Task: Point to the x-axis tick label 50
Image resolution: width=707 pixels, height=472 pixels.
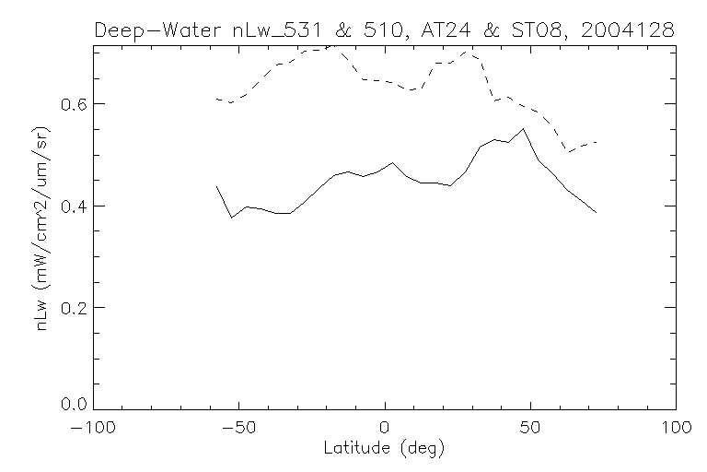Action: tap(530, 428)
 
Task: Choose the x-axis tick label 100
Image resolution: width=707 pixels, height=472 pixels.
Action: tap(676, 428)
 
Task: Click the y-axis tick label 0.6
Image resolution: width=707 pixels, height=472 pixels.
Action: tap(74, 104)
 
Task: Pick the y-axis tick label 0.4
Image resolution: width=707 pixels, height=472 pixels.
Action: tap(74, 206)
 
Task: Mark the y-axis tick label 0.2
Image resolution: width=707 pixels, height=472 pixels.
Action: tap(74, 307)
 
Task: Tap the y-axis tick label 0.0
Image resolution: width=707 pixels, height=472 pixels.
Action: tap(74, 404)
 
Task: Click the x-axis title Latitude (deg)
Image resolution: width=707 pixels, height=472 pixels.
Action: tap(385, 449)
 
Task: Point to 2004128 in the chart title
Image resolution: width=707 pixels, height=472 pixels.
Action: tap(629, 30)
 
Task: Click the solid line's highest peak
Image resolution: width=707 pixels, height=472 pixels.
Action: tap(523, 129)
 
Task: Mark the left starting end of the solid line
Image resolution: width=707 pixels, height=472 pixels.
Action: tap(216, 186)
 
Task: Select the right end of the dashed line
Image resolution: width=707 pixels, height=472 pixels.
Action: tap(597, 142)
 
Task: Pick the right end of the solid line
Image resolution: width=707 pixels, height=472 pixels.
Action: tap(597, 213)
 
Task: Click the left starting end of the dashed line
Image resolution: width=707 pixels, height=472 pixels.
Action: tap(216, 98)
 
